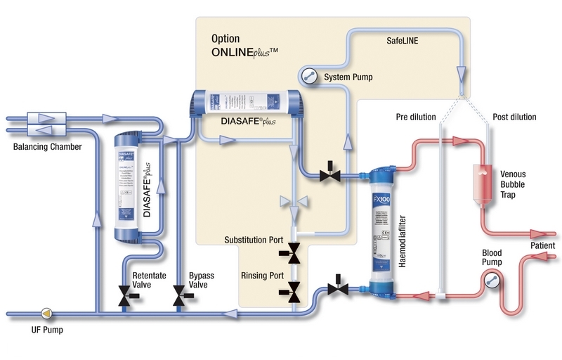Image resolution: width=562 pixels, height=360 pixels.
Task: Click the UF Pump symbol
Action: tap(47, 311)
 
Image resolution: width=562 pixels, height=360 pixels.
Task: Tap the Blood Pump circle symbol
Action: tap(490, 281)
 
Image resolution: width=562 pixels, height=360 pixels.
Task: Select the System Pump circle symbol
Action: tap(307, 75)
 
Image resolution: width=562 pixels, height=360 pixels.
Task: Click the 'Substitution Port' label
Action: tap(253, 240)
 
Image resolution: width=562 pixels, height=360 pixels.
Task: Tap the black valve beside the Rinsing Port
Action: tap(294, 285)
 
